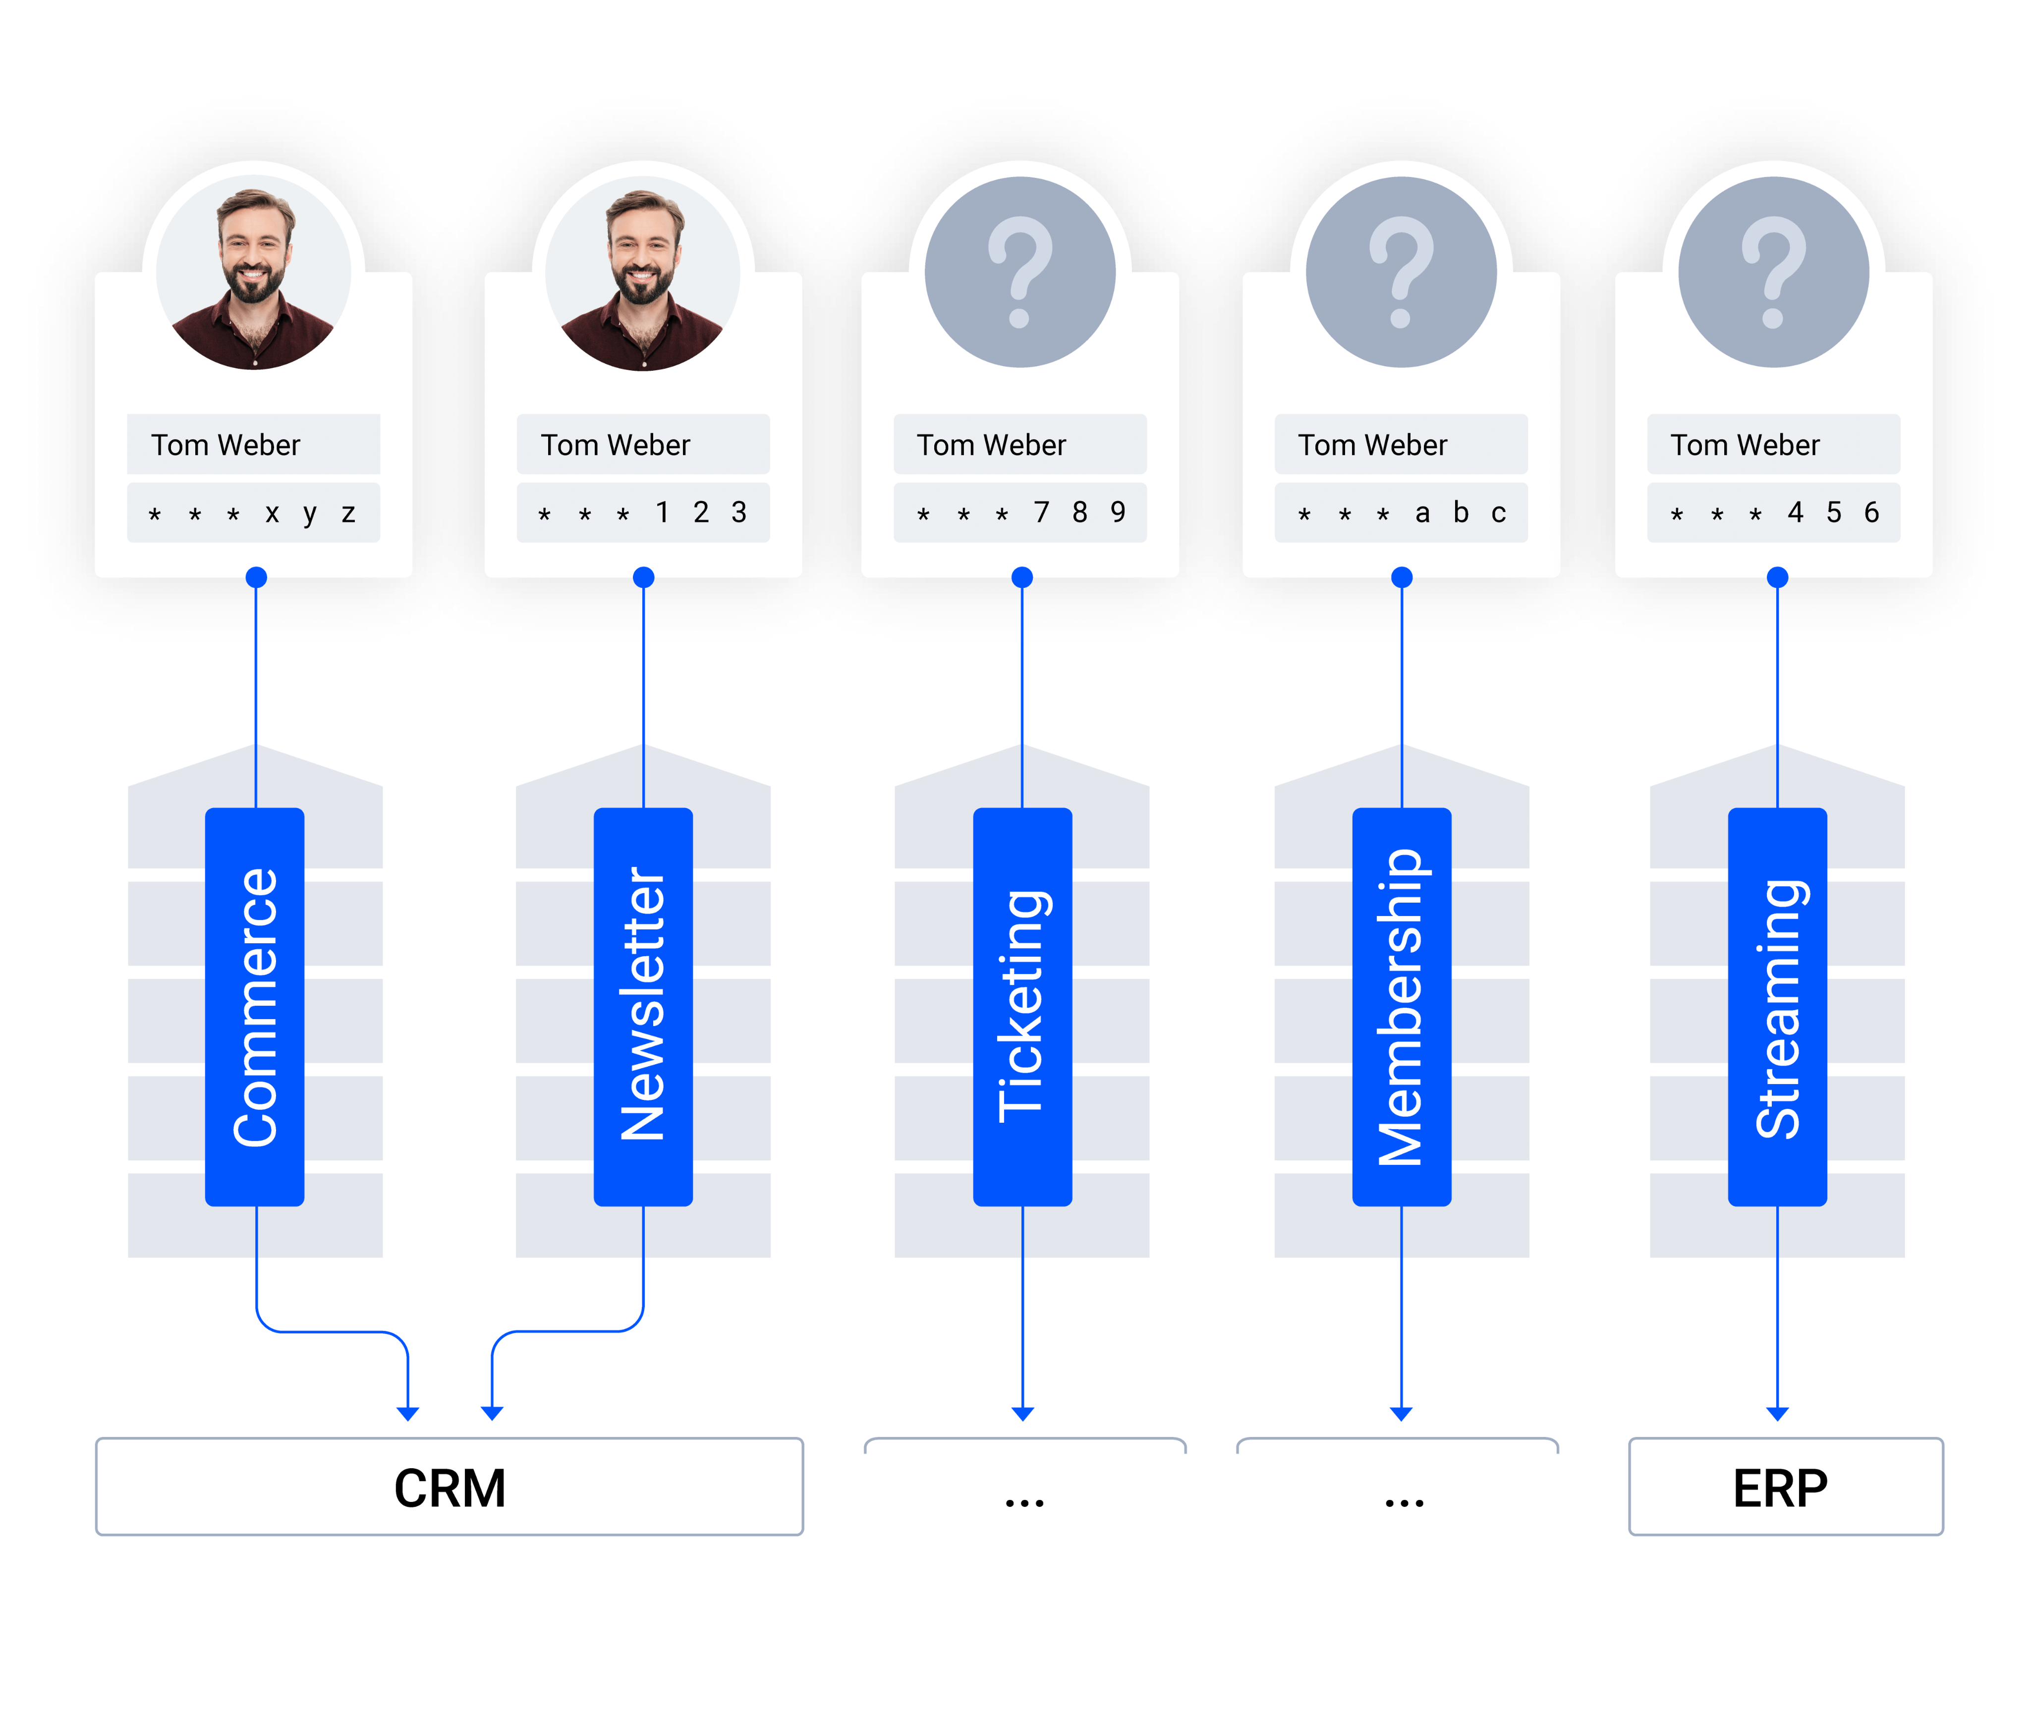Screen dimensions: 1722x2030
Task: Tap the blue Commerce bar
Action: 255,1006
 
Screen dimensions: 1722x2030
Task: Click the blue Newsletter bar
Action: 643,1006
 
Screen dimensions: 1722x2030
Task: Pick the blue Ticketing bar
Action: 1022,1006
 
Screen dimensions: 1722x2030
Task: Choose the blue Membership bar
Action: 1402,1006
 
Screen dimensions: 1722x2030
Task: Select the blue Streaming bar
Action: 1777,1006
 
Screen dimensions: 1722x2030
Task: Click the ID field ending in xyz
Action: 253,513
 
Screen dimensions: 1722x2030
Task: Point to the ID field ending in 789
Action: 1020,513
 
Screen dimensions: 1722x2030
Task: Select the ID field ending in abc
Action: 1401,513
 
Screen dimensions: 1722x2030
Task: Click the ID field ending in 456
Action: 1773,513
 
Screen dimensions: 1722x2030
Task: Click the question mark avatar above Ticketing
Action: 1020,272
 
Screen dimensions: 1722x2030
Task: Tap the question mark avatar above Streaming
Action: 1773,272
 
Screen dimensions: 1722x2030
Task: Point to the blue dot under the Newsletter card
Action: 643,577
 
